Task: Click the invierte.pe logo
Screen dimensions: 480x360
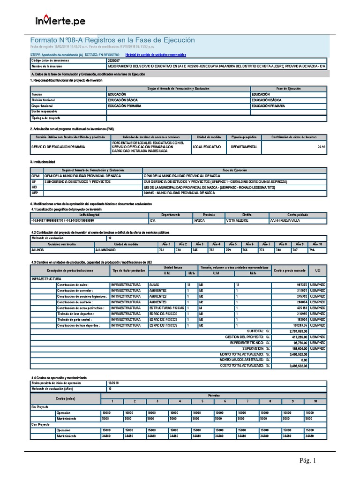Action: click(x=60, y=21)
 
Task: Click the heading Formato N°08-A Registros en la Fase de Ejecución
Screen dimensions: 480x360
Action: click(x=112, y=40)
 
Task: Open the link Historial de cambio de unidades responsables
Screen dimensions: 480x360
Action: click(x=156, y=55)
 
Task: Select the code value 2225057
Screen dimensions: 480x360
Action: click(x=113, y=61)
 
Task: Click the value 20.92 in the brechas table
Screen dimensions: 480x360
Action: click(x=321, y=147)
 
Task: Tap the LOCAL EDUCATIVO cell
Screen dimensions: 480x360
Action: click(x=206, y=147)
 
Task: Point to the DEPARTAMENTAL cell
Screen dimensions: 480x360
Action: click(x=244, y=147)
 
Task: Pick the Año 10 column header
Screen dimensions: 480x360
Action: click(x=317, y=244)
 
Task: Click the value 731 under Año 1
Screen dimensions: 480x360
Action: click(x=162, y=250)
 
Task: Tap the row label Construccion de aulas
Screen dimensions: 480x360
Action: click(x=72, y=285)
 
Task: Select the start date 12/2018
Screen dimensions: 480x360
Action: click(x=114, y=383)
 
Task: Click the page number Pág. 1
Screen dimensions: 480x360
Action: click(x=308, y=461)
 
